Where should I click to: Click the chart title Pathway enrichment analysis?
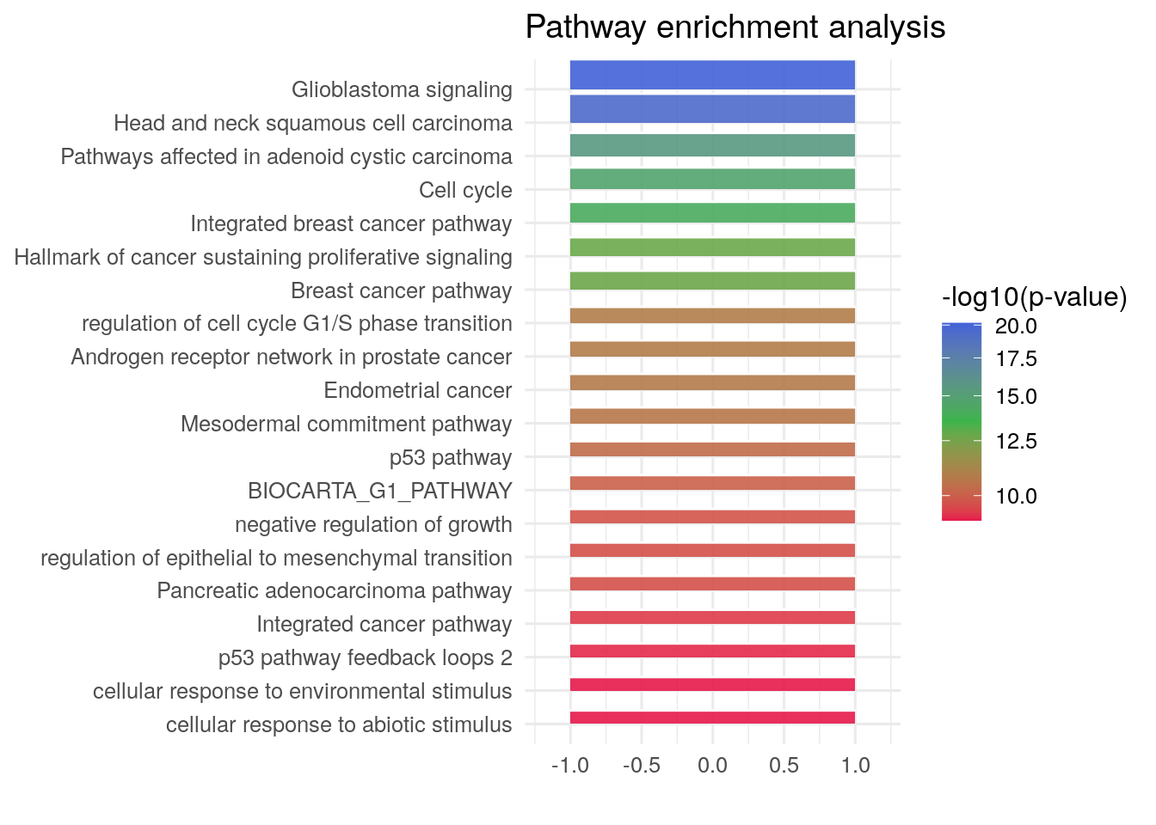tap(735, 27)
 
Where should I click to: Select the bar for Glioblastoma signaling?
tap(712, 75)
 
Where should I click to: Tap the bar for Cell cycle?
tap(712, 179)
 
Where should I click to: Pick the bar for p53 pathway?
tap(712, 449)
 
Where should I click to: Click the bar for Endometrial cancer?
tap(712, 382)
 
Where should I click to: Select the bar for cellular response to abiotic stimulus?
tap(712, 718)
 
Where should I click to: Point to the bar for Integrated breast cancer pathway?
tap(712, 213)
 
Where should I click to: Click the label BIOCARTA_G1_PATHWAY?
tap(379, 491)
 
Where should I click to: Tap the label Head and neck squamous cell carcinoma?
tap(313, 123)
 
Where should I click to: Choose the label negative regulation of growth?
tap(373, 524)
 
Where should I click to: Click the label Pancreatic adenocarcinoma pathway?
tap(334, 591)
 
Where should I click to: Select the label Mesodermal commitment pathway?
tap(346, 424)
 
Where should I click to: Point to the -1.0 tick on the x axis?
tap(569, 765)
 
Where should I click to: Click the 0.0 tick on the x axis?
tap(712, 765)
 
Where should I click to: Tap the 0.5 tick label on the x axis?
tap(784, 765)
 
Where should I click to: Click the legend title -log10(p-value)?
tap(1034, 297)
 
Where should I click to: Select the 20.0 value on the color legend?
tap(1016, 327)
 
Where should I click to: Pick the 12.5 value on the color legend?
tap(1016, 442)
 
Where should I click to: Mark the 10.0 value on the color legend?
tap(1016, 497)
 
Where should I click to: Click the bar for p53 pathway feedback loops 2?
tap(712, 651)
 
